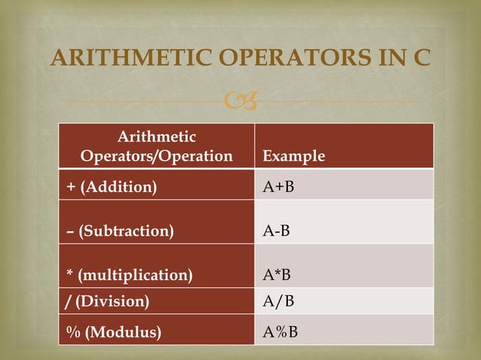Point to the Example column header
point(293,157)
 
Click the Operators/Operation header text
point(156,157)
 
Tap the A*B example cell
point(277,275)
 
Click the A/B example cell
point(277,302)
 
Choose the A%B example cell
point(280,332)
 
